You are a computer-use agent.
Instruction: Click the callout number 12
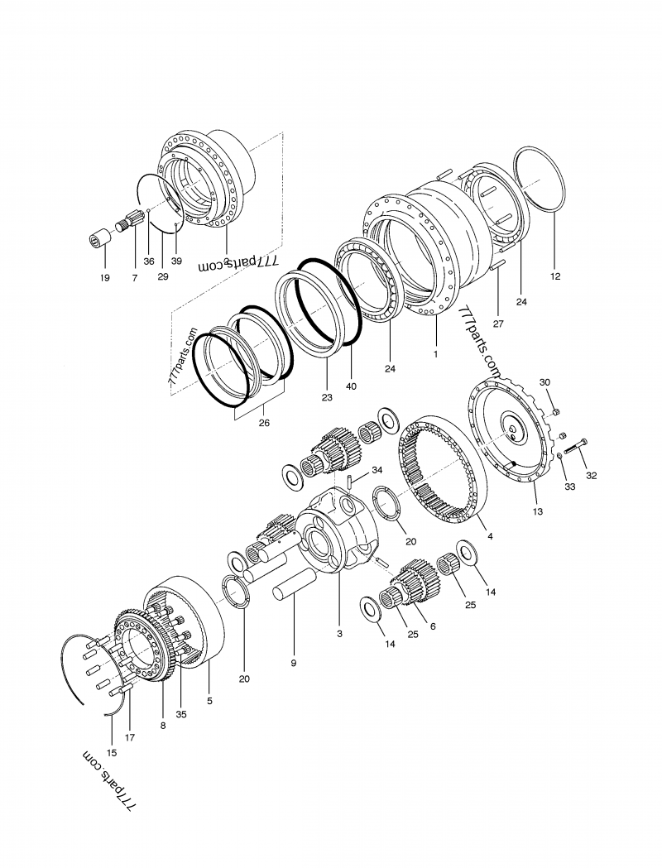click(555, 276)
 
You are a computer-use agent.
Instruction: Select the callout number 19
click(105, 277)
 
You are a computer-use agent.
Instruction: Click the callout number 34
click(377, 470)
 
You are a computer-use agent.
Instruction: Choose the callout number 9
click(293, 663)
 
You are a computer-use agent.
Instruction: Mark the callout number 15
click(112, 753)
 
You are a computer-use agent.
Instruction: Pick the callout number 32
click(591, 476)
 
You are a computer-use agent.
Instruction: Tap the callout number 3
click(339, 634)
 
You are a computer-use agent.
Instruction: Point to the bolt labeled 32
click(577, 448)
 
